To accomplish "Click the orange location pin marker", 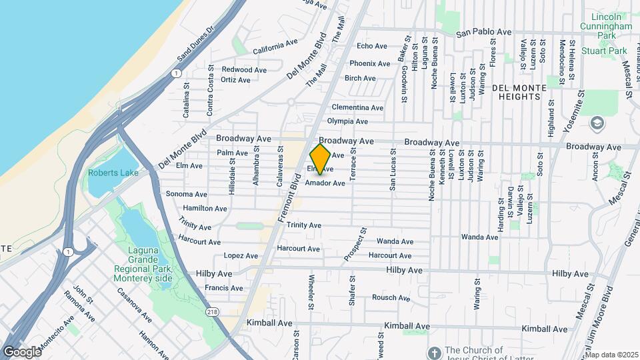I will click(320, 159).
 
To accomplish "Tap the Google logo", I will click(21, 351).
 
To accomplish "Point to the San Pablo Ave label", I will click(483, 32).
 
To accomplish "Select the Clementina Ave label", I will click(357, 107).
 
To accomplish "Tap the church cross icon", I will click(433, 351).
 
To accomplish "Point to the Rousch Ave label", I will click(391, 298).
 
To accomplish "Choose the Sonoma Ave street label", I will click(186, 194).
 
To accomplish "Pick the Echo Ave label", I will click(372, 46).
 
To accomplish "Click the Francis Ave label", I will click(224, 288).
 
